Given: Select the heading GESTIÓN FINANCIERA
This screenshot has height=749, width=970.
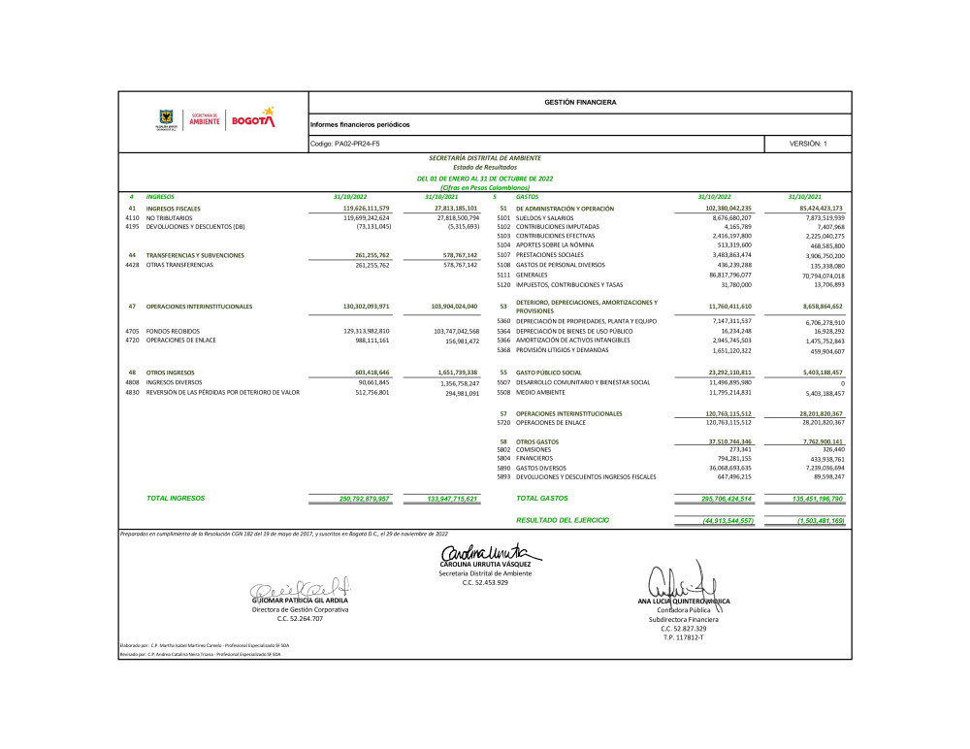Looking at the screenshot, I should point(580,102).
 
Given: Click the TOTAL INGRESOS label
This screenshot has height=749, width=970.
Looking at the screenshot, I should point(176,498).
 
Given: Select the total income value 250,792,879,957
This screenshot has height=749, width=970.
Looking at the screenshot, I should point(351,499).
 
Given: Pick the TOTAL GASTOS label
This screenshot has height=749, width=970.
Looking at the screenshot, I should point(542,498).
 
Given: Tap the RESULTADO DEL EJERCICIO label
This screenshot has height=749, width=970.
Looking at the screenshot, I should point(563,520).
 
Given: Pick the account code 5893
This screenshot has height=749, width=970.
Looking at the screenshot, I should point(503,476).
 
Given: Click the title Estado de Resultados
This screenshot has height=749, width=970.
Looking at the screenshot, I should point(484,168).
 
